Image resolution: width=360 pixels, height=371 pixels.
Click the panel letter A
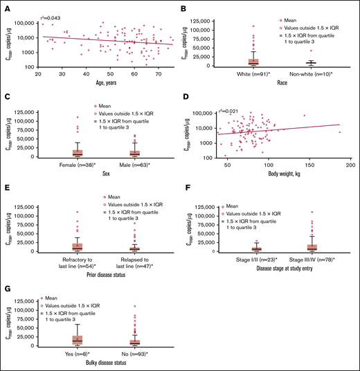6,8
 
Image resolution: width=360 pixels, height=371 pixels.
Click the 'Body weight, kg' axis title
286,175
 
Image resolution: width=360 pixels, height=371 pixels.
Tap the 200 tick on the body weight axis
350,166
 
